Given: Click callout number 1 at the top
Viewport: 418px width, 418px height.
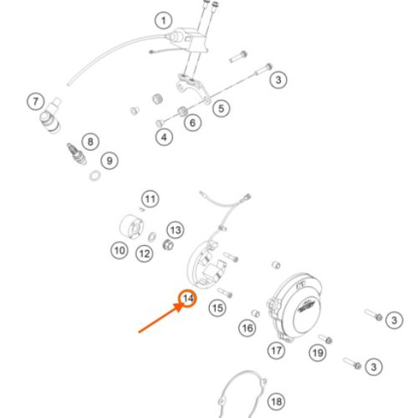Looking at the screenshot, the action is click(164, 20).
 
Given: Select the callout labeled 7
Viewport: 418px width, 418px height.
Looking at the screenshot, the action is click(36, 102).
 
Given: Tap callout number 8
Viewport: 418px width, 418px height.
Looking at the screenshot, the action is click(90, 141).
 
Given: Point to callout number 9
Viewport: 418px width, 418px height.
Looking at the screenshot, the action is click(110, 161).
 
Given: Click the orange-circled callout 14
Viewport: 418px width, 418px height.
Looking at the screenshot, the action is click(188, 298).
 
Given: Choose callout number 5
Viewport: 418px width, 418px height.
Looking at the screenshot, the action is click(222, 109).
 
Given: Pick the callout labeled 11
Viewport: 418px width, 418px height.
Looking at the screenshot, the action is click(150, 199).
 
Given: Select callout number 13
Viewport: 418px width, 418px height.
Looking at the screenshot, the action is click(176, 230).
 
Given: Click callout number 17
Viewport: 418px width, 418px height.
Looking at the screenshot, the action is click(276, 350).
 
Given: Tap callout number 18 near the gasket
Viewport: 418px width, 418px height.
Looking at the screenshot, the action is click(277, 401).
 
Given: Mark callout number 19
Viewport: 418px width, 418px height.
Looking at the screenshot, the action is click(318, 353).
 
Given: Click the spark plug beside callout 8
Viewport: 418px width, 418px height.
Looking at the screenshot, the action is click(76, 154).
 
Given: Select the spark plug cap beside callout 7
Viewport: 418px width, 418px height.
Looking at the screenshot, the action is click(51, 115).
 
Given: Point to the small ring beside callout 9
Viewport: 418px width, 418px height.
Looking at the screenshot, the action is click(95, 176).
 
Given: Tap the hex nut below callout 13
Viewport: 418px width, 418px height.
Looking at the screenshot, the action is click(168, 245).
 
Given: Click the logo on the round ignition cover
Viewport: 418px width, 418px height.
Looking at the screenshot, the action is click(306, 308).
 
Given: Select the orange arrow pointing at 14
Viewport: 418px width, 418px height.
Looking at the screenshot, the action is click(160, 319).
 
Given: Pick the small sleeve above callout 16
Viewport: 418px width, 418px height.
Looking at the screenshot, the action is click(256, 313).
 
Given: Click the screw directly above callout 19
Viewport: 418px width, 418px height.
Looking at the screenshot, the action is click(325, 339).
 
